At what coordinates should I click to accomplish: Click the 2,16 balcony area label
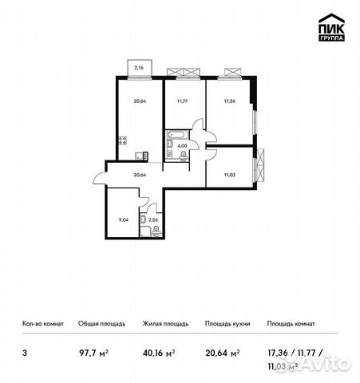tap(139, 69)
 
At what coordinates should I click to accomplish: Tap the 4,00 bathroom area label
tap(182, 146)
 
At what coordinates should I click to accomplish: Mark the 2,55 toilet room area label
tap(153, 217)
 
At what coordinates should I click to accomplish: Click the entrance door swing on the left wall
tap(99, 176)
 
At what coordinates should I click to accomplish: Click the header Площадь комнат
tap(291, 324)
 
